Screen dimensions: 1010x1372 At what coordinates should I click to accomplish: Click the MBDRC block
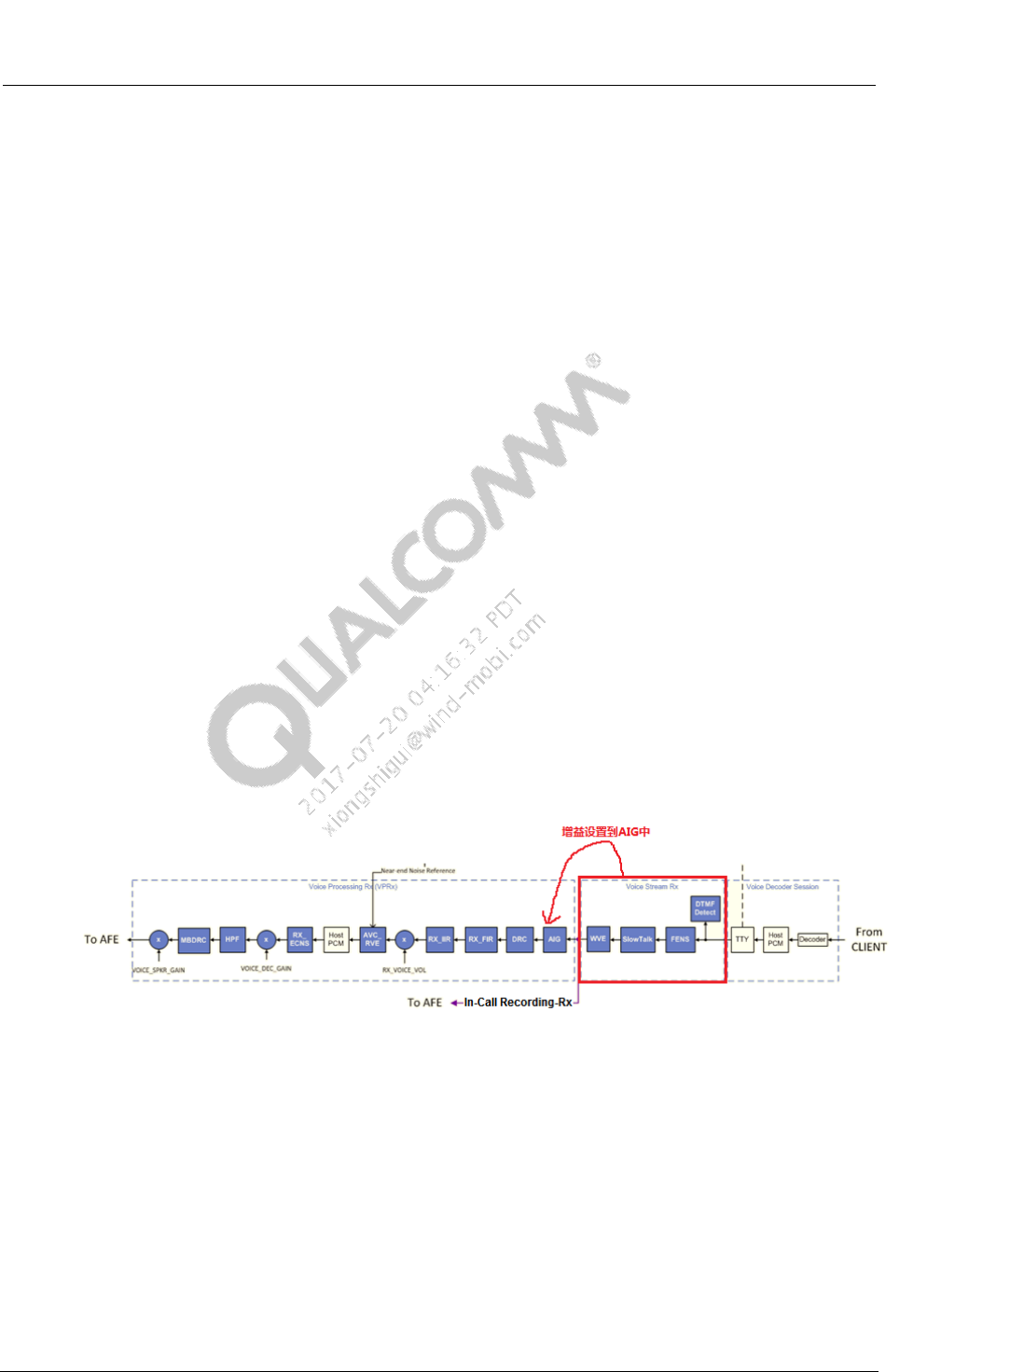point(194,939)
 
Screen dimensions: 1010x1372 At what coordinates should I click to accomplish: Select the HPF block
point(232,939)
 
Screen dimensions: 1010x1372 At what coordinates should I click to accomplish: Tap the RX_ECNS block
point(299,939)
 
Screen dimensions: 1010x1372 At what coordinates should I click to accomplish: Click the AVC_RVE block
point(372,939)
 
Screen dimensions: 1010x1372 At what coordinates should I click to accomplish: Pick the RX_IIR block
point(440,939)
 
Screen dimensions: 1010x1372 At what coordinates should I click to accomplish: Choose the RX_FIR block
point(481,939)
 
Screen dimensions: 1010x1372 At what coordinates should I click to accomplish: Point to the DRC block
point(519,939)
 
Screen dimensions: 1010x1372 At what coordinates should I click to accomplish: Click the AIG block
point(555,939)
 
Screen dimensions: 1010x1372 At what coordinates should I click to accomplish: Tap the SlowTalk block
point(638,939)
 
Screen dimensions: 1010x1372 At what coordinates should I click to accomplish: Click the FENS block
point(681,939)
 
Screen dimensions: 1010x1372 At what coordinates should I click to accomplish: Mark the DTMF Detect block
point(705,908)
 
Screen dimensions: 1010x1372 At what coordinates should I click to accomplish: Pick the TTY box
point(742,939)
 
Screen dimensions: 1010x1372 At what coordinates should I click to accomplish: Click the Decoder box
point(812,939)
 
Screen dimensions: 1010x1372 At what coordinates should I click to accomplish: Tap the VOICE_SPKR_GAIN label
point(159,970)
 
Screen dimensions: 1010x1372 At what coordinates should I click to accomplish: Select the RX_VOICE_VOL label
point(404,970)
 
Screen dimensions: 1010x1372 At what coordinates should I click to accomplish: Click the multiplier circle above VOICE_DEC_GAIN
point(266,939)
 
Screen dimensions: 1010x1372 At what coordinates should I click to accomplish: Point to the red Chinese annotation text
point(605,831)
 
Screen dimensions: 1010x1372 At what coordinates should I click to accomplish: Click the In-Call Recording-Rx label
point(518,1003)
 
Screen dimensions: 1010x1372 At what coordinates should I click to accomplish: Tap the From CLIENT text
point(868,939)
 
